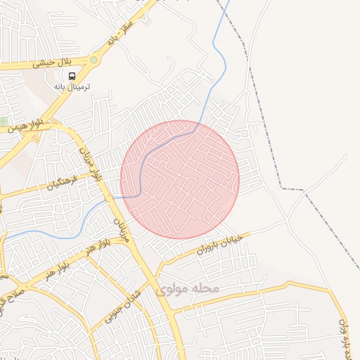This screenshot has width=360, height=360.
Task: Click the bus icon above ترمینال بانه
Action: [x=74, y=76]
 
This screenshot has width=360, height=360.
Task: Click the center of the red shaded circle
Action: [x=180, y=179]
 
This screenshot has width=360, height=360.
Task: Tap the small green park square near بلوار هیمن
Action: [x=4, y=122]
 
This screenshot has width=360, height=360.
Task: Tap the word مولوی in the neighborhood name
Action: [x=170, y=289]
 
